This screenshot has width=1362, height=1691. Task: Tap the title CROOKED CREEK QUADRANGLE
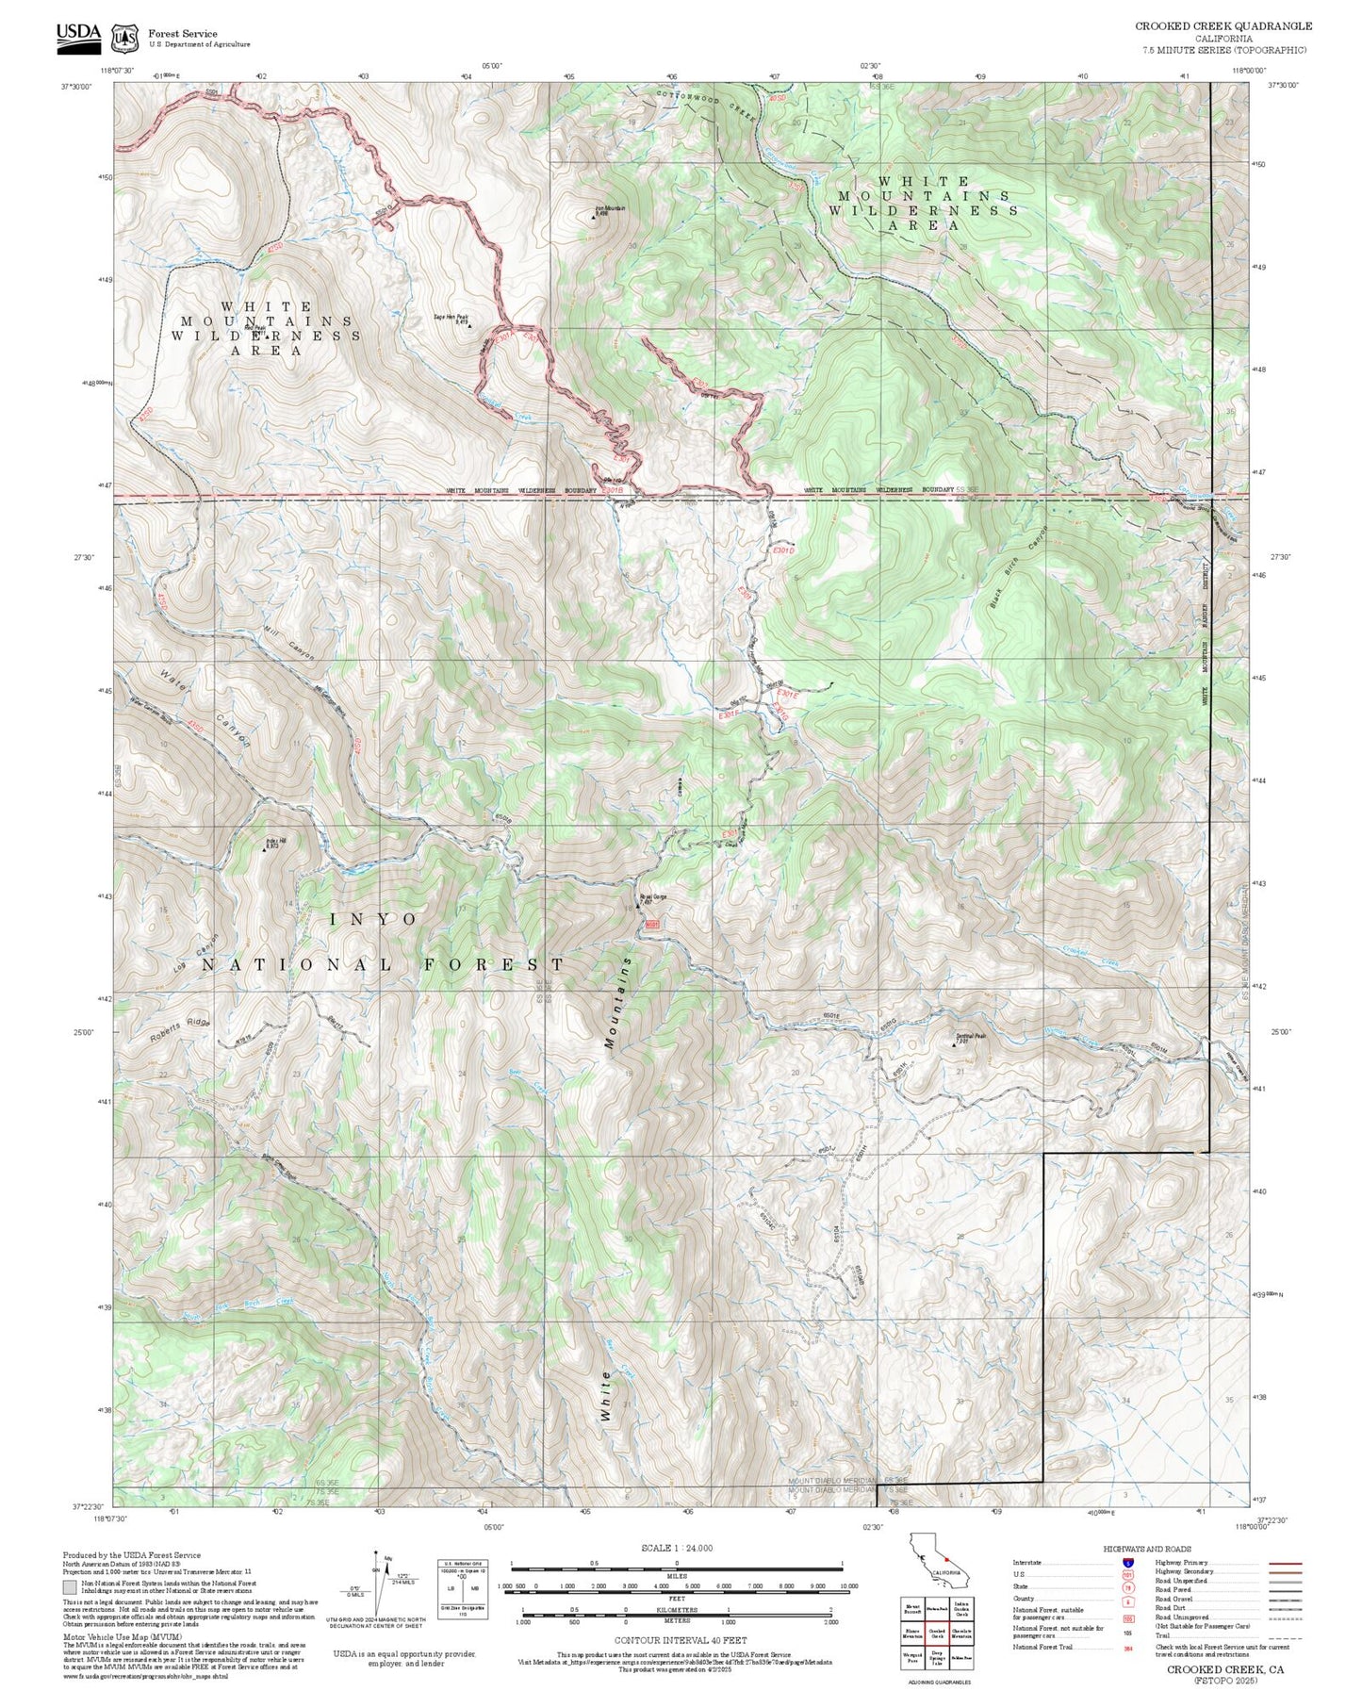click(x=1223, y=26)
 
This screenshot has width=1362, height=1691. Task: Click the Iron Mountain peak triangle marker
click(x=594, y=218)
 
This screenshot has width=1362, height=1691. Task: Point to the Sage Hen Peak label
click(x=451, y=319)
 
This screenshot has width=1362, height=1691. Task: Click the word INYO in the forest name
click(x=373, y=919)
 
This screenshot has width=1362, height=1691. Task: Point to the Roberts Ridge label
click(x=179, y=1029)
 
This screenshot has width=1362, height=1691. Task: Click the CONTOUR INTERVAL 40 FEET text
click(x=679, y=1640)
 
